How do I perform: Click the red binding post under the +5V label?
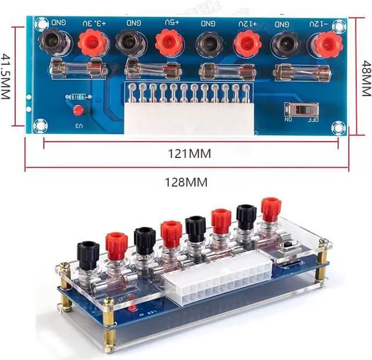[169, 42]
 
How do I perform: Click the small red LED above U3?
[77, 111]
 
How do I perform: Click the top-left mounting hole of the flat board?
[41, 24]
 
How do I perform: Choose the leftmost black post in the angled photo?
[88, 254]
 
